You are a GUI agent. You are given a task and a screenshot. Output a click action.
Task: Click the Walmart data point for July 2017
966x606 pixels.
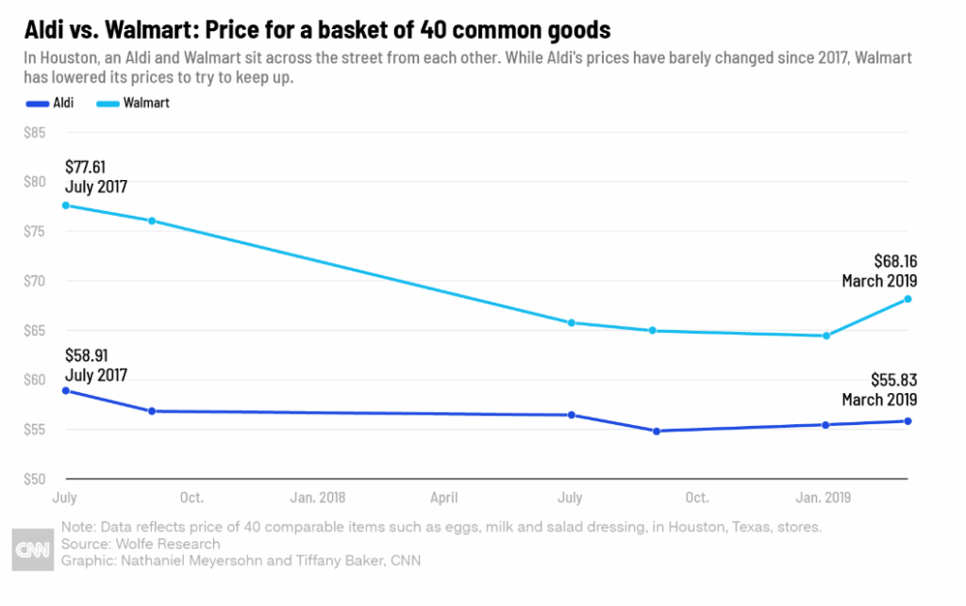[65, 205]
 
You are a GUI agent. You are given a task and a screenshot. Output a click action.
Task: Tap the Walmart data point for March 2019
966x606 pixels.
[908, 299]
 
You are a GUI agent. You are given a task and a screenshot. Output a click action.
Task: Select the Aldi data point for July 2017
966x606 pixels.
[65, 390]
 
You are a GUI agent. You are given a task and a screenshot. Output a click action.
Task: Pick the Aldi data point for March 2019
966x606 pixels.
[908, 421]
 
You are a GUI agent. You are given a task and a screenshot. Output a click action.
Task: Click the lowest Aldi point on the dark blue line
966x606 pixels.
[656, 431]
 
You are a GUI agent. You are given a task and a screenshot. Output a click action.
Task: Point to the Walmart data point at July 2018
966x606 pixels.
[571, 322]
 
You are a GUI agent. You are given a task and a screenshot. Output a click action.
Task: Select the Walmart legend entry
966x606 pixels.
[133, 103]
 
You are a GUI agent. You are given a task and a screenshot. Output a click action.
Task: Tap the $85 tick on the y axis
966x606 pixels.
[35, 132]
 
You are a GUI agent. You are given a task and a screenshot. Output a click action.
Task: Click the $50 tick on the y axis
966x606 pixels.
[35, 479]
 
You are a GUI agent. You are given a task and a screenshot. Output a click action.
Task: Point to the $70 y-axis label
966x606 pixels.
[35, 281]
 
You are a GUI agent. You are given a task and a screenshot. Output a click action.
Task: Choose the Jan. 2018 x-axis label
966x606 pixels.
[318, 498]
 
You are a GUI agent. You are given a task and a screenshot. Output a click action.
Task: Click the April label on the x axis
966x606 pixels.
[444, 498]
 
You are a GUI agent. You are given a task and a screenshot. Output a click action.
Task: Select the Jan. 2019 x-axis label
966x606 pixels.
[824, 498]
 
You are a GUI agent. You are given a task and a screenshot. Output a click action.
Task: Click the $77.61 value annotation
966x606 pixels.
[86, 168]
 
